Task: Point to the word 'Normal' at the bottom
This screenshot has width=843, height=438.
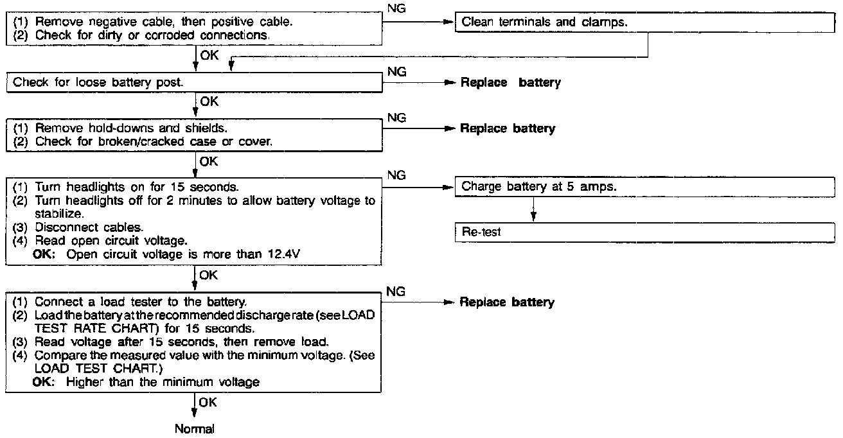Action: point(194,428)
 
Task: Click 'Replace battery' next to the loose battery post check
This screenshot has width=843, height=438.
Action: point(511,83)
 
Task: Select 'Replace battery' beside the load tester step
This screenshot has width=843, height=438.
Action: point(507,302)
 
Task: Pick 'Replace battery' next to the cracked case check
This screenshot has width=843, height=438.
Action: point(508,128)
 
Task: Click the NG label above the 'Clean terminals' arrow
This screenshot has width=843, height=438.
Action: point(398,8)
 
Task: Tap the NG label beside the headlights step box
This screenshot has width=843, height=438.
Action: point(398,175)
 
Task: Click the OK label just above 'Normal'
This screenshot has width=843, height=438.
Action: point(208,402)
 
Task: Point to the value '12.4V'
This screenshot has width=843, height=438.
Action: point(284,254)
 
